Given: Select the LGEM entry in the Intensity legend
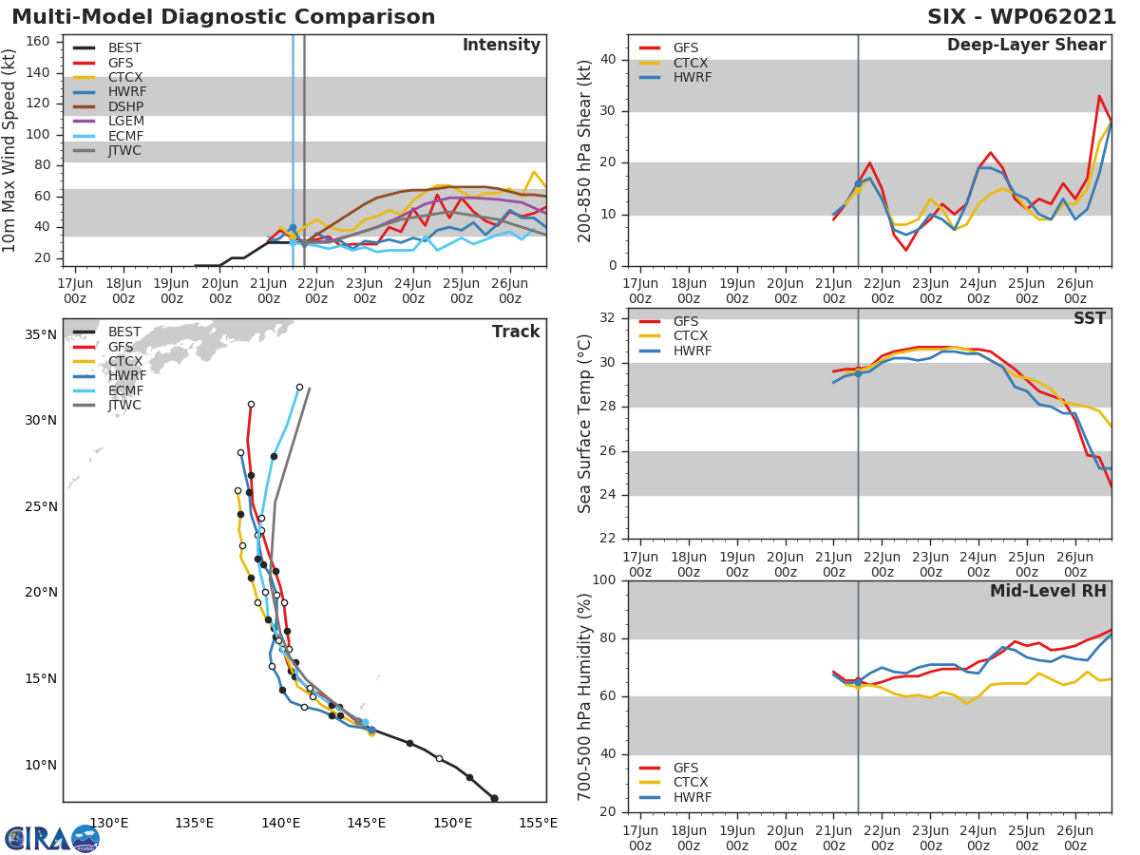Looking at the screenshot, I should (x=125, y=121).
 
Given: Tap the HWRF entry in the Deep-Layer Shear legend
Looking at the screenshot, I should (x=692, y=77).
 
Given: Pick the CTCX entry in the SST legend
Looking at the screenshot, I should (x=692, y=336).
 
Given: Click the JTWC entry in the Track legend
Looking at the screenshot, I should (x=124, y=405).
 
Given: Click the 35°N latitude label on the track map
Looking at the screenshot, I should (x=40, y=334).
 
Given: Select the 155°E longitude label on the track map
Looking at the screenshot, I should (x=539, y=822).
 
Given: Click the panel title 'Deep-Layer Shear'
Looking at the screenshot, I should (x=1026, y=46).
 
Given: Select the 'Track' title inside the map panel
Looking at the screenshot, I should (x=516, y=332).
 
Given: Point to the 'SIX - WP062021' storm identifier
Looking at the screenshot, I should (x=1021, y=17).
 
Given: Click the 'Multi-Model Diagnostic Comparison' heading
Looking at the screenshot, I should (x=223, y=17).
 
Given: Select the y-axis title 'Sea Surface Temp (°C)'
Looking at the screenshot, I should (x=585, y=423).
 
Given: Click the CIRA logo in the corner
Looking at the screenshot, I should (x=52, y=837).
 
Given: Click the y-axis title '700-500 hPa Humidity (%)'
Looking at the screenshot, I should (x=585, y=696).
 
